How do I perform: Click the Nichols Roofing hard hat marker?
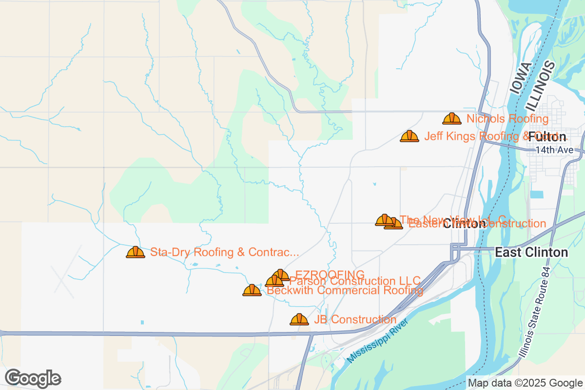(452, 118)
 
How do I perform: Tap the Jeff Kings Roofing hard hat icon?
(409, 136)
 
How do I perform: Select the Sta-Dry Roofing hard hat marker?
(136, 252)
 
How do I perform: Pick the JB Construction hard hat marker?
(299, 320)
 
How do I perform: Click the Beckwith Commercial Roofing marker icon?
(252, 291)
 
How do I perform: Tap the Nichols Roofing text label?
(507, 118)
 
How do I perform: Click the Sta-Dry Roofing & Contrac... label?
(224, 252)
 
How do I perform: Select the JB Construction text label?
(355, 320)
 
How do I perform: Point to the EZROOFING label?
(330, 274)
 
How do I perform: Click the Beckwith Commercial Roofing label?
(345, 291)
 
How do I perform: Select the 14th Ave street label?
(554, 150)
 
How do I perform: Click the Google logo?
(33, 378)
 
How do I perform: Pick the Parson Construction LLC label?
(355, 281)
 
